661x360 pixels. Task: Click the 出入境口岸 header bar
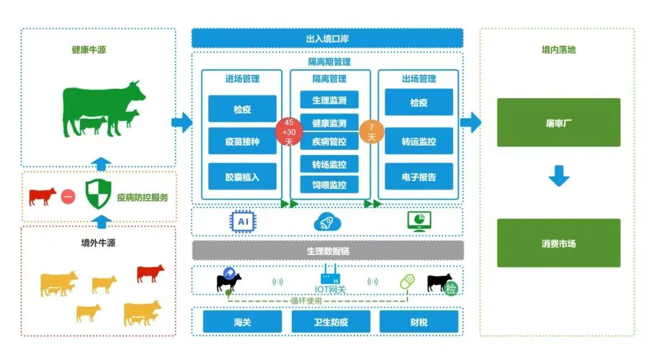click(x=327, y=39)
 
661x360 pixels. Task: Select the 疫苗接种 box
click(x=242, y=141)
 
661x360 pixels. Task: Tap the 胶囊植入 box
click(x=242, y=176)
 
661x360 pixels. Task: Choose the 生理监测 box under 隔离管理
click(x=329, y=100)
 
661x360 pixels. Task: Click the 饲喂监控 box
click(x=329, y=184)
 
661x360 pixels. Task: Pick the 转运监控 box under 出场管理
click(x=419, y=141)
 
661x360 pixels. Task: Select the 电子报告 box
click(x=419, y=176)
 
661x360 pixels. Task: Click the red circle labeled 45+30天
click(x=289, y=132)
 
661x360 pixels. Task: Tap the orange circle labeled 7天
click(x=371, y=132)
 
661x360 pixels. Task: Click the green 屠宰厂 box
click(x=558, y=122)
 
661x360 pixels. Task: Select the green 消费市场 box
click(x=558, y=243)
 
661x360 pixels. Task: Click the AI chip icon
click(x=242, y=221)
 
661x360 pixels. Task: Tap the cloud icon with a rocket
click(x=327, y=222)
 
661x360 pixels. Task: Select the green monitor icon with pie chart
click(x=419, y=221)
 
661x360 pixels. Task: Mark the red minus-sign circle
click(x=68, y=197)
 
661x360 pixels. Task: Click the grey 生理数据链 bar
click(x=327, y=251)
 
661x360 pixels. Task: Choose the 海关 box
click(x=242, y=321)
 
